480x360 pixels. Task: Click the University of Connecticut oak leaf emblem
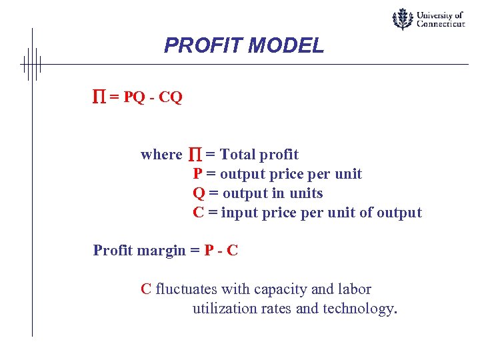401,19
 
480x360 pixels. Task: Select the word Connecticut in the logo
441,23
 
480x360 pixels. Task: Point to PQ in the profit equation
134,97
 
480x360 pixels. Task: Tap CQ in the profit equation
170,97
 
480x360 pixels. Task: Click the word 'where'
161,155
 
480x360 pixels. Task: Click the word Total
237,155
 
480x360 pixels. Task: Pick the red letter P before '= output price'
197,174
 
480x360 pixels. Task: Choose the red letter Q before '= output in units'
198,193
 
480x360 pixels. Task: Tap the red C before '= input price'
198,213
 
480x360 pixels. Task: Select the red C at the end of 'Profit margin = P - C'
233,251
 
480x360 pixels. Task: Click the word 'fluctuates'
186,289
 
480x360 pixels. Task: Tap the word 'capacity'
279,290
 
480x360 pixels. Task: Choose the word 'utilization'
225,309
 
